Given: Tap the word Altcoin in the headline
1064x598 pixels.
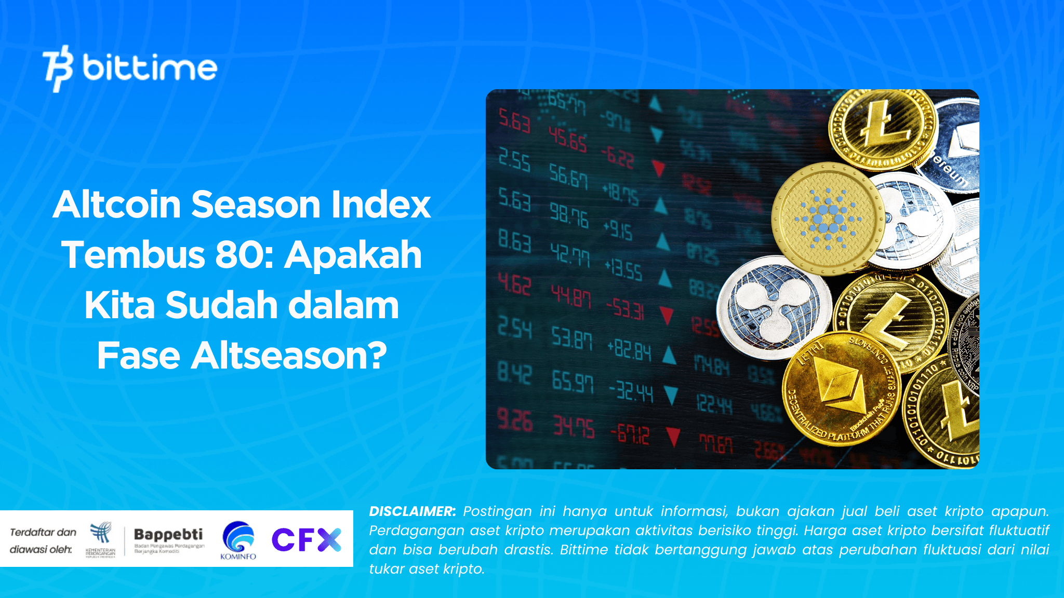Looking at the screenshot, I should pos(117,205).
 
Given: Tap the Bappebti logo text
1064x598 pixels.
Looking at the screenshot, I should pos(168,535).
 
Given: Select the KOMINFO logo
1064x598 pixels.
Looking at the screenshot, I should pos(238,540).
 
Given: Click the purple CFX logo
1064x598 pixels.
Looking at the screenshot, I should pos(306,539).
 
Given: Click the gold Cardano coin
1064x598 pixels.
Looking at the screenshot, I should pos(828,219).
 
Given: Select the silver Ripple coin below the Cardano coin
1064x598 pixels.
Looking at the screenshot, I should pos(773,307).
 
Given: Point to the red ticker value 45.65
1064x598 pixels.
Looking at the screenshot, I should pos(568,139).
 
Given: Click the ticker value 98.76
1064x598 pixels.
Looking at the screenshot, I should pos(569,214).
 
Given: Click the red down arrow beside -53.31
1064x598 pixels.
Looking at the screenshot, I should pos(666,315).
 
